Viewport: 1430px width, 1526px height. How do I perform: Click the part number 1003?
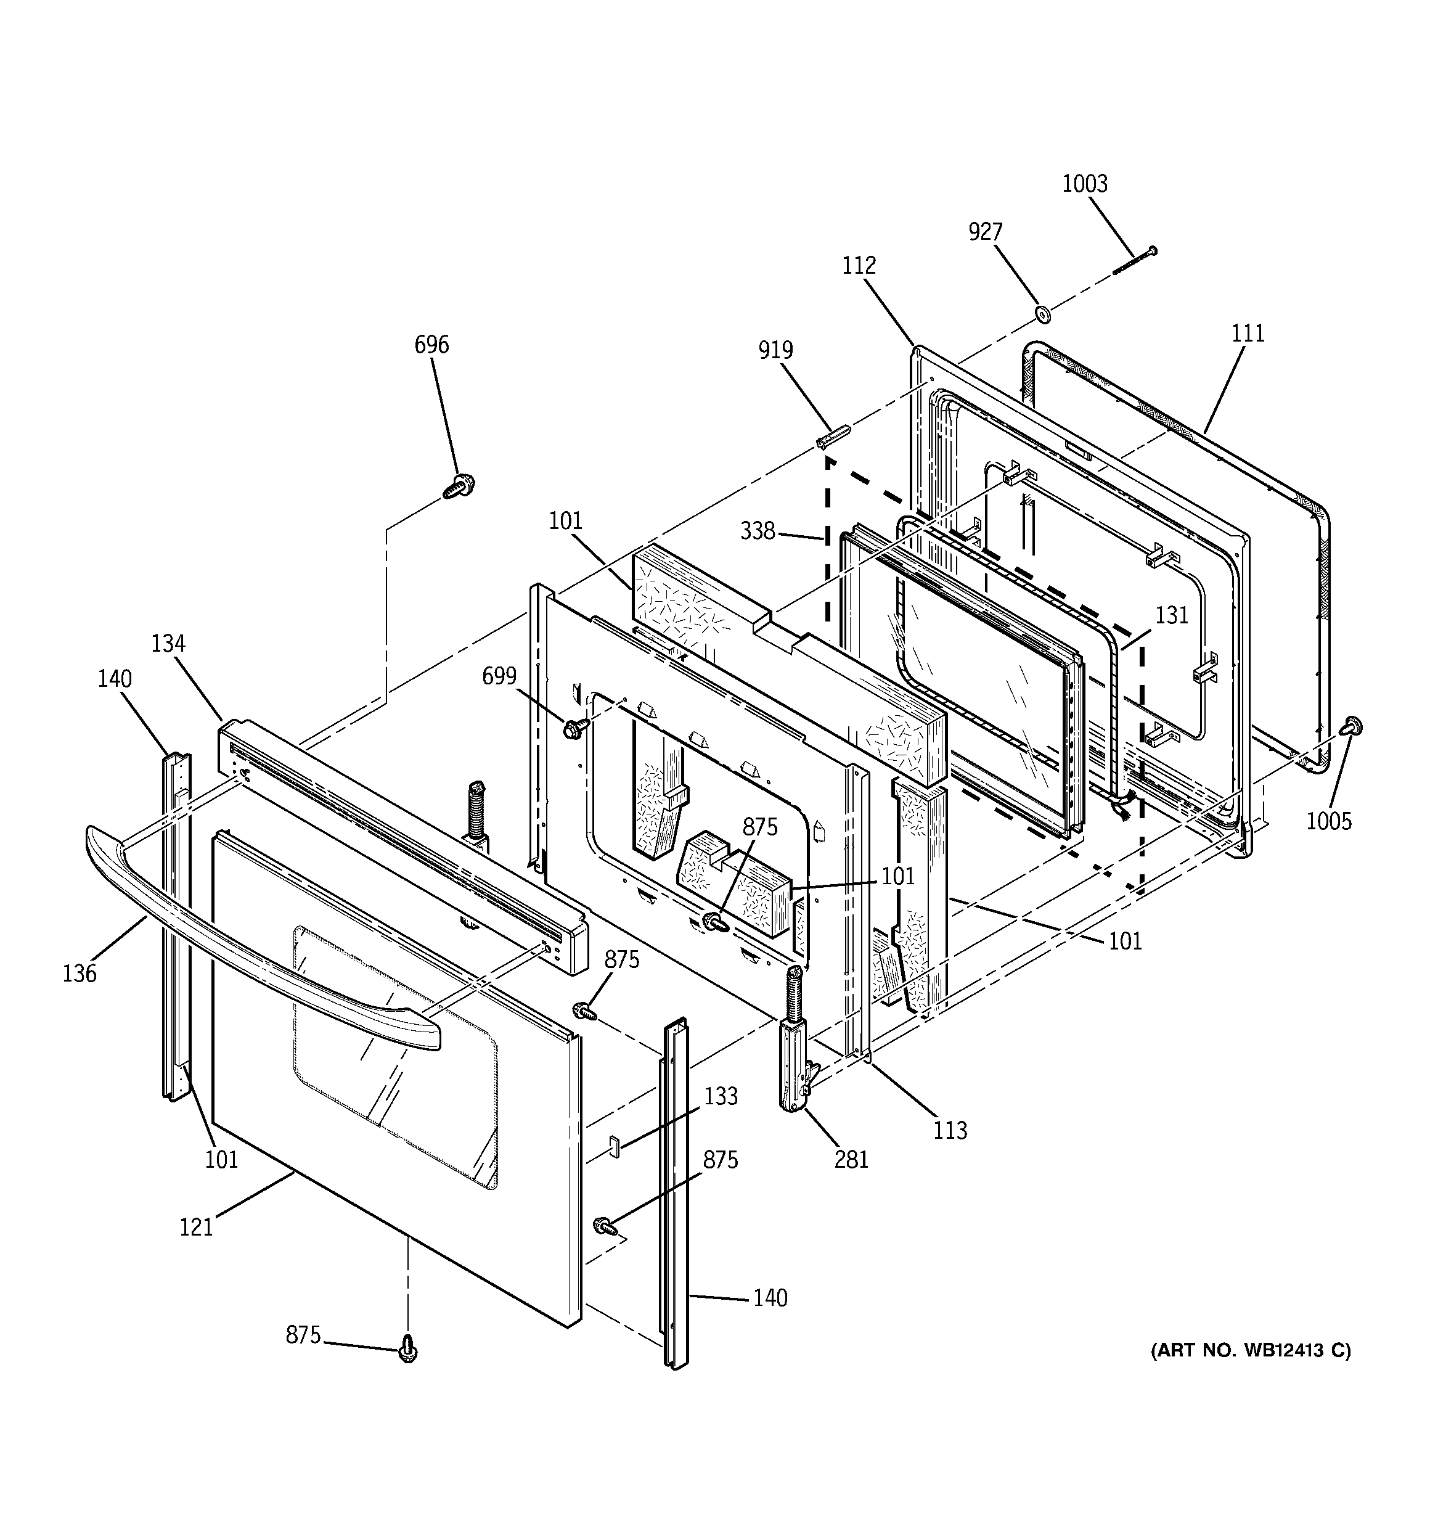coord(1085,184)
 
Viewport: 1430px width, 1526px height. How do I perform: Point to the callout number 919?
coord(775,350)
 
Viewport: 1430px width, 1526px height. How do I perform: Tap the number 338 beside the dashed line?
coord(758,531)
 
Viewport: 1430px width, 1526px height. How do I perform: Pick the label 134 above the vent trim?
coord(168,643)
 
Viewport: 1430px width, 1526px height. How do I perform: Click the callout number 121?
coord(196,1228)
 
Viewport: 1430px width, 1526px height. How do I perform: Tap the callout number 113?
coord(949,1130)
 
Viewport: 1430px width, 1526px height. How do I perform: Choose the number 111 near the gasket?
coord(1248,333)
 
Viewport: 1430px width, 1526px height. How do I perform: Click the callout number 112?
coord(858,266)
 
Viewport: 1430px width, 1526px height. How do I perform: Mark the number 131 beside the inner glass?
coord(1171,615)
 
